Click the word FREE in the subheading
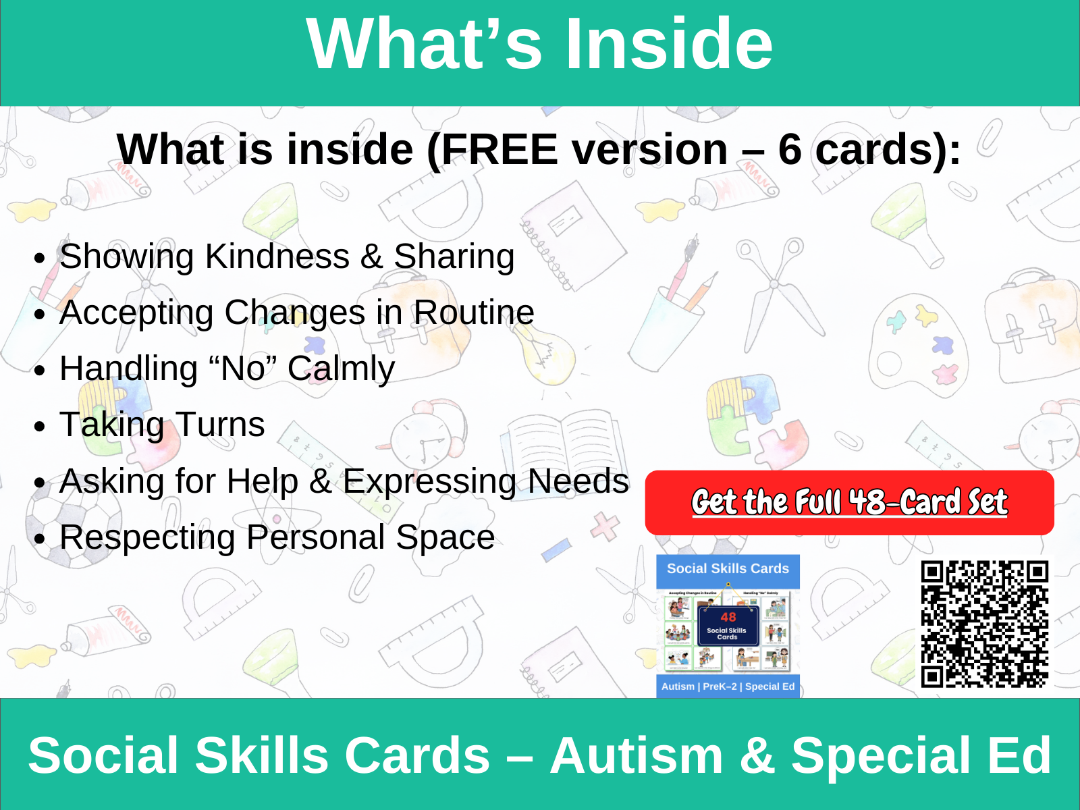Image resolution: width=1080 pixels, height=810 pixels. tap(500, 149)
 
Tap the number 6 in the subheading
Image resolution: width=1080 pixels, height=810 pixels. tap(790, 149)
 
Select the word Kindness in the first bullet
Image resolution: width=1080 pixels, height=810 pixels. tap(277, 256)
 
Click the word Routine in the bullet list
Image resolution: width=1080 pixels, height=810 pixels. tap(473, 313)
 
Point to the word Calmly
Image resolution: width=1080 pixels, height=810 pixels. tap(341, 369)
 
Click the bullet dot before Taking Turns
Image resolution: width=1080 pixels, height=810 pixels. tap(40, 427)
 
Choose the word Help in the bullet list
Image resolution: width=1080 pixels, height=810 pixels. tap(262, 482)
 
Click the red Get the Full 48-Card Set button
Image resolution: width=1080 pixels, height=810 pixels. tap(849, 503)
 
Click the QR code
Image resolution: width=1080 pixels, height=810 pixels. tap(985, 624)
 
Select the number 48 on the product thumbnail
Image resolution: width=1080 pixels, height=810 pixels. tap(728, 617)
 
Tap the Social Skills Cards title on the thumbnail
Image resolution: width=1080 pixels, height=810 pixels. tap(728, 569)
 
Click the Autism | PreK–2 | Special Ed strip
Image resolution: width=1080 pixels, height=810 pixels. tap(728, 686)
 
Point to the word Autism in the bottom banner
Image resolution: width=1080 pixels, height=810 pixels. tap(636, 755)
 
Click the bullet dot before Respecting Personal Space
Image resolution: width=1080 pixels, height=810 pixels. tap(40, 539)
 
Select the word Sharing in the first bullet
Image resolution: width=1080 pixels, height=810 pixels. tap(454, 256)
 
